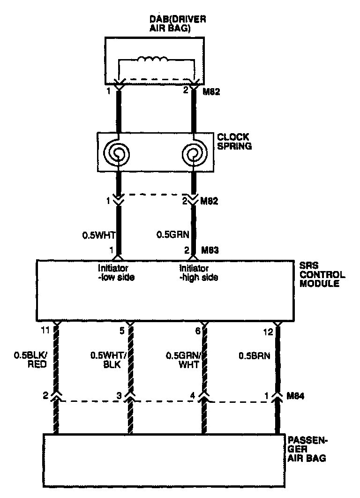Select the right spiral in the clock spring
(193, 152)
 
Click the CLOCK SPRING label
(234, 142)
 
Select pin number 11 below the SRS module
(45, 331)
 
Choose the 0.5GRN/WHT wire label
(180, 360)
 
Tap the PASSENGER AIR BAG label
(307, 449)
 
